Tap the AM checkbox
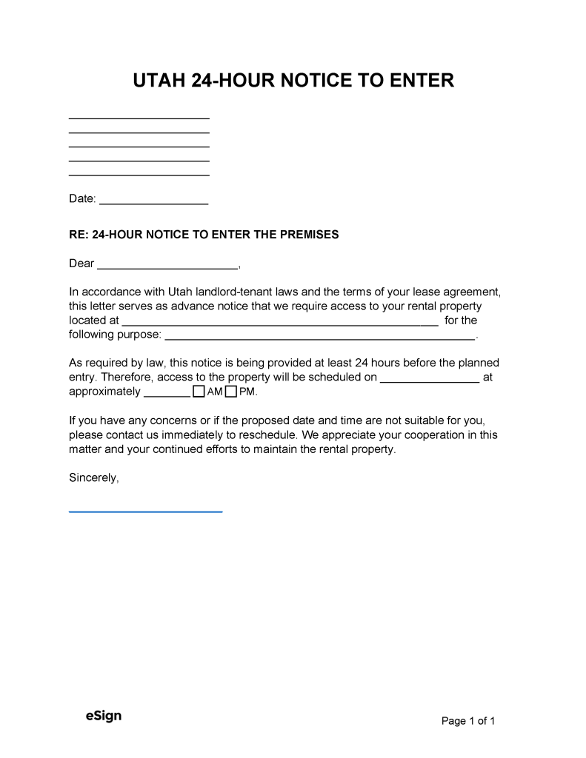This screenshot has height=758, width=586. pyautogui.click(x=198, y=392)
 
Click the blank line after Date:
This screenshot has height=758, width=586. pyautogui.click(x=153, y=202)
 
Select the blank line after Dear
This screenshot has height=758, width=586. pyautogui.click(x=167, y=266)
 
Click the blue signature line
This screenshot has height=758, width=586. pyautogui.click(x=145, y=510)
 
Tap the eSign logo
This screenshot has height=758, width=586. pyautogui.click(x=103, y=716)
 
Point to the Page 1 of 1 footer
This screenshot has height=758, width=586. pyautogui.click(x=468, y=721)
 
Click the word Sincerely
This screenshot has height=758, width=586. pyautogui.click(x=93, y=477)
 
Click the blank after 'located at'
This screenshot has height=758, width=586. pyautogui.click(x=279, y=323)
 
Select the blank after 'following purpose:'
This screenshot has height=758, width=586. pyautogui.click(x=319, y=338)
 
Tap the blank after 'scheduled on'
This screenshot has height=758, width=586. pyautogui.click(x=430, y=380)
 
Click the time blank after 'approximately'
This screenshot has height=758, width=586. pyautogui.click(x=167, y=395)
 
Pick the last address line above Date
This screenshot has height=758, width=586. pyautogui.click(x=139, y=174)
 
